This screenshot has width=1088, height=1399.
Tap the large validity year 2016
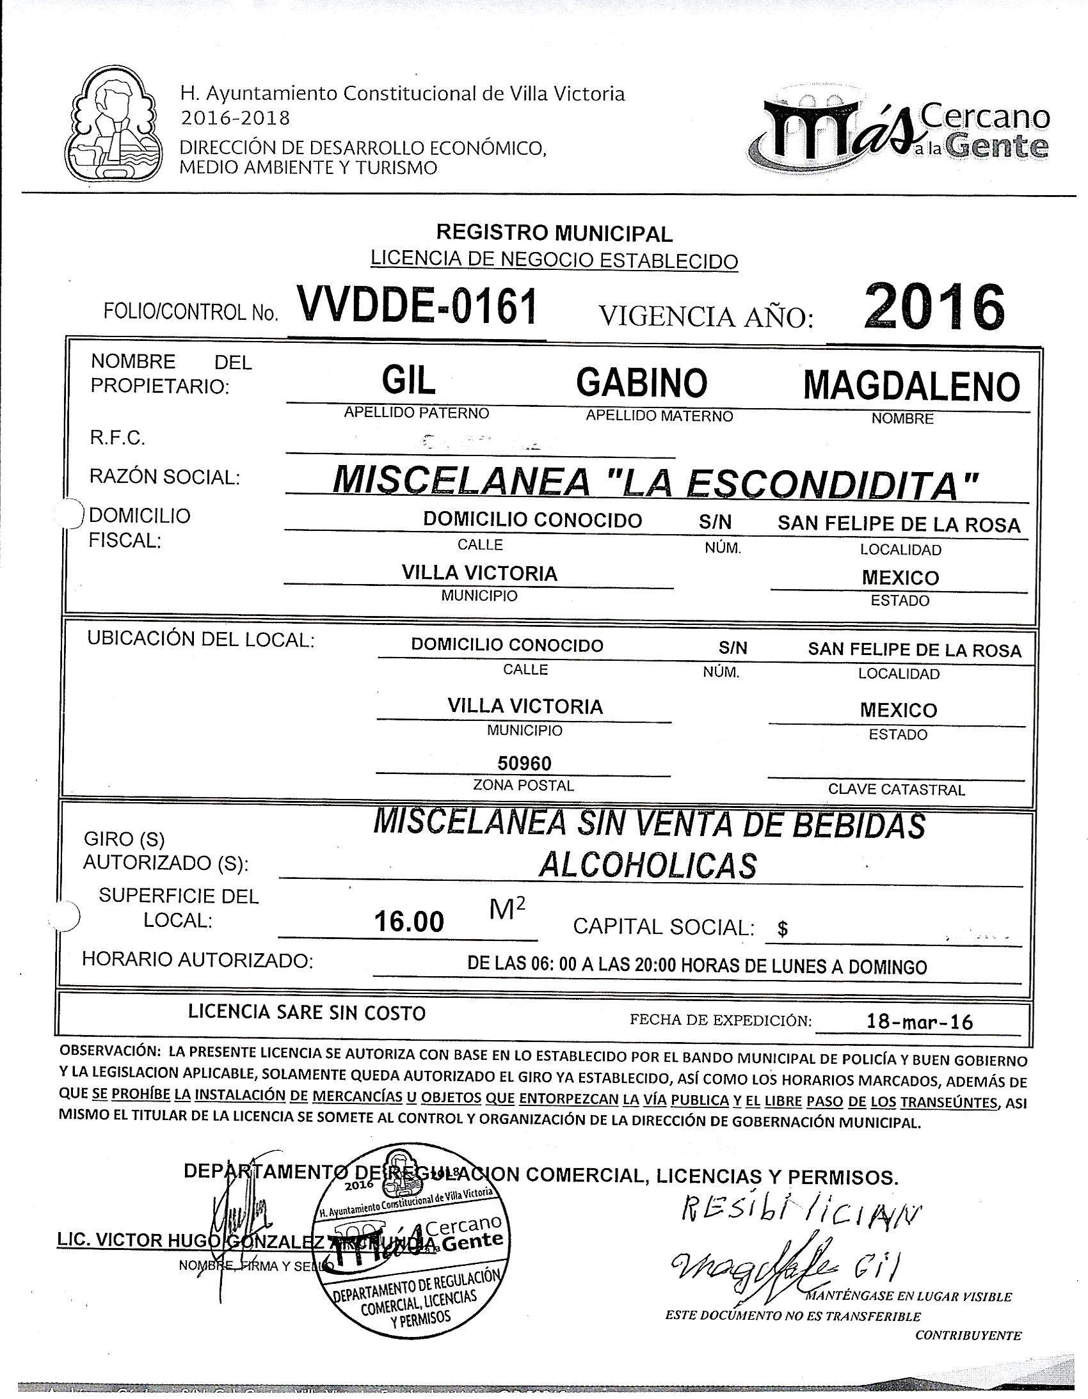[933, 307]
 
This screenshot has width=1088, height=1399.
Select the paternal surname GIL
[408, 382]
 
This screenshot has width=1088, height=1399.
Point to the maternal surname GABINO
[641, 383]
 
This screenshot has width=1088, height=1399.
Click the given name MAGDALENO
[911, 386]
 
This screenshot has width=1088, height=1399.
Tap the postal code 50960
[525, 763]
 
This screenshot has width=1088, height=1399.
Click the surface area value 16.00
[409, 922]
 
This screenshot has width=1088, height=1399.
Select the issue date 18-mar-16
[919, 1021]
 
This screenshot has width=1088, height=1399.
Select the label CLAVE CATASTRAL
[896, 790]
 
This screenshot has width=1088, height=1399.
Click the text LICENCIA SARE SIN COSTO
[307, 1013]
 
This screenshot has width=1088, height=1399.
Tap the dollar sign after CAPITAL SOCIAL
[782, 929]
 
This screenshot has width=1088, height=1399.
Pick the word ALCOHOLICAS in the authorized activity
[648, 866]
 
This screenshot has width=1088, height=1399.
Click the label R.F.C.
[117, 438]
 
